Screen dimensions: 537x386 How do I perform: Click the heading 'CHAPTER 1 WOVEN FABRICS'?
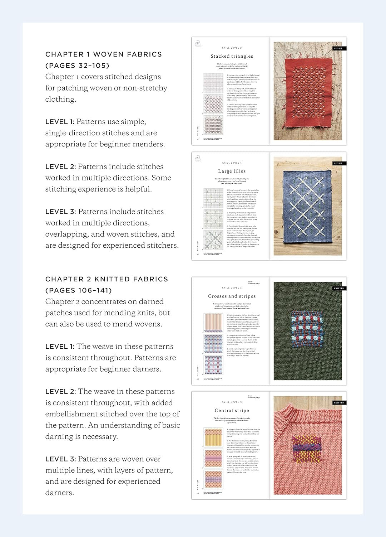point(103,54)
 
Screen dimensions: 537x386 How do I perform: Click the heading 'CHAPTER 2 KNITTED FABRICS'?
point(107,279)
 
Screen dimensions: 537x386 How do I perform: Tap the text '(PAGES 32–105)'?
point(77,66)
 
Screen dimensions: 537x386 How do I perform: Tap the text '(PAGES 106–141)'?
point(79,290)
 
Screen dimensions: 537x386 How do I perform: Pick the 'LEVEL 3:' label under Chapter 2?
point(60,459)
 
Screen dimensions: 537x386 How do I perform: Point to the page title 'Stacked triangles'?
point(232,56)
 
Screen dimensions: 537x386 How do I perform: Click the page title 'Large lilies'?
point(232,171)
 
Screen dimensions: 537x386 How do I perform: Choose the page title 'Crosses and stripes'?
point(232,296)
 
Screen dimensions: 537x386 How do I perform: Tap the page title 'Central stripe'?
point(232,411)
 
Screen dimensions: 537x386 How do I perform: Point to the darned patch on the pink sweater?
point(306,449)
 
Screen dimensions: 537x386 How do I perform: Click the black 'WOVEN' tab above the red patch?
point(337,48)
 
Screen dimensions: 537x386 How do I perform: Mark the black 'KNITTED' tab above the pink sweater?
point(338,403)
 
